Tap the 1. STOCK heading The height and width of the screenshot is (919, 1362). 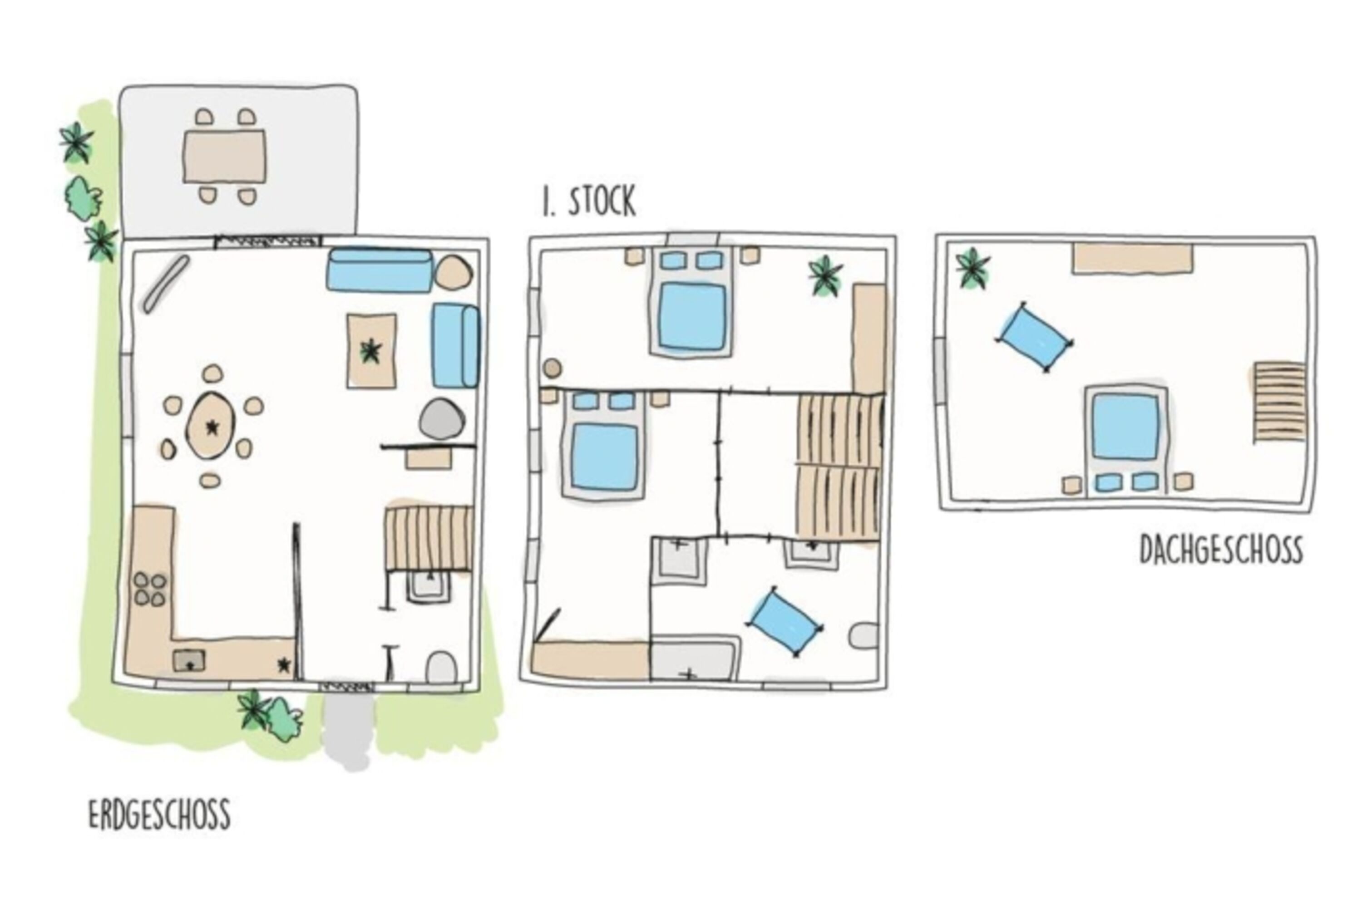(x=589, y=202)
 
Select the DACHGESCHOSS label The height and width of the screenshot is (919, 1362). (x=1221, y=550)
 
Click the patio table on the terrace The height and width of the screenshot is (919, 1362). (x=224, y=157)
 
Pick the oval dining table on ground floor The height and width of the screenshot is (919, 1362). (x=210, y=426)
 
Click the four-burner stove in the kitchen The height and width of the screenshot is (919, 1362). (x=150, y=589)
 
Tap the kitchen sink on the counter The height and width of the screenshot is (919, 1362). (x=189, y=661)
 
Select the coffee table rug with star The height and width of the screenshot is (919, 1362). (x=371, y=351)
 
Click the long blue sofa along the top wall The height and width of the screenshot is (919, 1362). (x=380, y=270)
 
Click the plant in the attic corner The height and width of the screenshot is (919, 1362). (x=972, y=268)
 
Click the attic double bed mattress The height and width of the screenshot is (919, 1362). (x=1125, y=427)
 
